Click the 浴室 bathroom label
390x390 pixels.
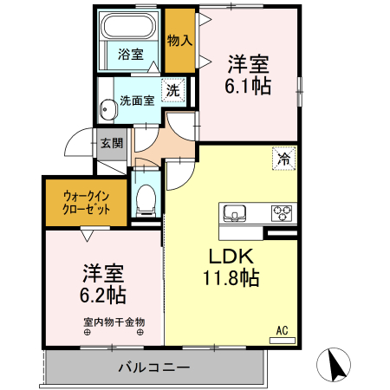pyautogui.click(x=131, y=54)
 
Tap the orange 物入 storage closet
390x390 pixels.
pyautogui.click(x=179, y=41)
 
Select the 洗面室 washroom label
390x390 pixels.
pyautogui.click(x=137, y=100)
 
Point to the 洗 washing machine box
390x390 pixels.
pyautogui.click(x=172, y=89)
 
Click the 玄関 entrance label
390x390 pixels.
pyautogui.click(x=111, y=143)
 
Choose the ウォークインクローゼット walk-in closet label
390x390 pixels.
pyautogui.click(x=86, y=202)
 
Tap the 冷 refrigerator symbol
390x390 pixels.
pyautogui.click(x=283, y=158)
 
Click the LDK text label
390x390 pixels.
pyautogui.click(x=229, y=256)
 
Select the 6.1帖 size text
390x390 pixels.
pyautogui.click(x=249, y=86)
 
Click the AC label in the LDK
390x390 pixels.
pyautogui.click(x=282, y=329)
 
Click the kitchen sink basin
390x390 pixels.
pyautogui.click(x=236, y=213)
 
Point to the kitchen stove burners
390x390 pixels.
pyautogui.click(x=282, y=211)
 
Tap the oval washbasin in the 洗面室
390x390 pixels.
pyautogui.click(x=107, y=110)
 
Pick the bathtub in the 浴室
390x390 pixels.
pyautogui.click(x=130, y=28)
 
